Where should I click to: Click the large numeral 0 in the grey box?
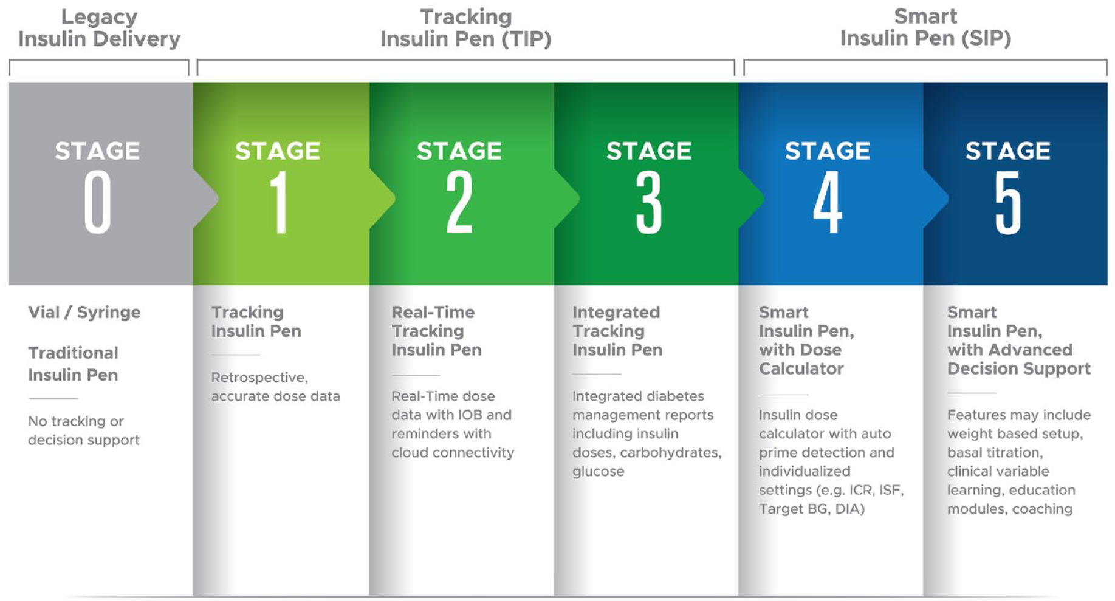[x=97, y=202]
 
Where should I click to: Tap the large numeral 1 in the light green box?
[x=279, y=202]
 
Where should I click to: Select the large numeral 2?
[x=459, y=202]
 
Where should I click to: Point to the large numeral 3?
[x=648, y=202]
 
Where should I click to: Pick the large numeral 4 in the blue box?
[x=828, y=202]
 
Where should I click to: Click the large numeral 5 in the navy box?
[x=1008, y=202]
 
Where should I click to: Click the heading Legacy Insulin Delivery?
[x=99, y=28]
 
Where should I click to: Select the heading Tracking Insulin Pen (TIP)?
[x=466, y=28]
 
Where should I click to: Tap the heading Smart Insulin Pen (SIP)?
[x=925, y=27]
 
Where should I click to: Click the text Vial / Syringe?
[x=84, y=312]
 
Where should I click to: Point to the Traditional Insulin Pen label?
[x=73, y=364]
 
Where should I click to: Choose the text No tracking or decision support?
[x=84, y=430]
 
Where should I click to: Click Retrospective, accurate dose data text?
[x=275, y=387]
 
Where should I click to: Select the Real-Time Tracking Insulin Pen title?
[x=436, y=331]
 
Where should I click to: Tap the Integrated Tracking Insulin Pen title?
[x=617, y=331]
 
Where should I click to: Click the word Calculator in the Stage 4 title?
[x=801, y=368]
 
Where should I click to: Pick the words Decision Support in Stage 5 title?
[x=1019, y=368]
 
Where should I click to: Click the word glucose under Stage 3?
[x=598, y=472]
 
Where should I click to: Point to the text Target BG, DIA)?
[x=812, y=509]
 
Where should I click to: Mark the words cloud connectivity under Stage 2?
[x=453, y=453]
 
